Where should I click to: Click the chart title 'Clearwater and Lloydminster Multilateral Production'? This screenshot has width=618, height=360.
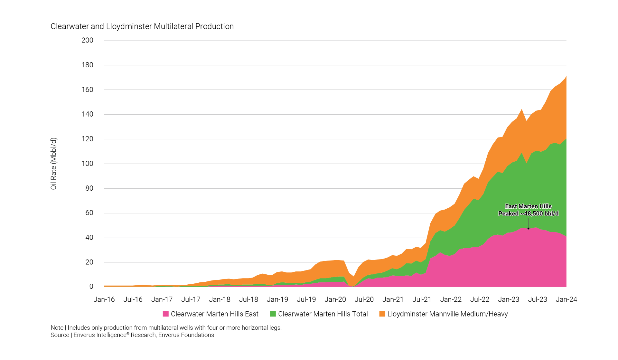click(x=142, y=26)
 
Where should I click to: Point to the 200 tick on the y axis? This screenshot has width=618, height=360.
click(x=87, y=40)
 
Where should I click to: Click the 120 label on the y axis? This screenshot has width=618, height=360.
click(x=87, y=139)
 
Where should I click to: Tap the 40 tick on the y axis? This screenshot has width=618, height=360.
click(x=89, y=238)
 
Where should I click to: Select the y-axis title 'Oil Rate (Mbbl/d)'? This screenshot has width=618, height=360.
click(x=53, y=164)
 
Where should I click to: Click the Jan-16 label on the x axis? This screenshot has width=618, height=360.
click(x=104, y=299)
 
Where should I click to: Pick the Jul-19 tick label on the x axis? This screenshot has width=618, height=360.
click(x=306, y=299)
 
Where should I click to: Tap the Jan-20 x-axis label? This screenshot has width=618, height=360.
click(x=335, y=299)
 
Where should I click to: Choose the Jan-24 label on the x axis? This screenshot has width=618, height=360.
click(x=566, y=299)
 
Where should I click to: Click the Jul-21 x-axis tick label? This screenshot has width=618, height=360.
click(x=422, y=299)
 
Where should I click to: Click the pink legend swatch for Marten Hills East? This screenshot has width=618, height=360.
click(x=166, y=314)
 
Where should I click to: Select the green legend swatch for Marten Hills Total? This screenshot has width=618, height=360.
click(x=273, y=314)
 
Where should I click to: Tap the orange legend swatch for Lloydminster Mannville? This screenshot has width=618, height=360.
click(x=382, y=314)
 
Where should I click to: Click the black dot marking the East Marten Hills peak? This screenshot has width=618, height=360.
click(x=529, y=229)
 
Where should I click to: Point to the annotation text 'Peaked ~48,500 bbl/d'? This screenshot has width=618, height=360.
click(x=528, y=213)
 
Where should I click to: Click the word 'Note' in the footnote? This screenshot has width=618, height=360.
click(x=57, y=328)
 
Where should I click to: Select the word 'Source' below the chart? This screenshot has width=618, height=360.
click(x=60, y=335)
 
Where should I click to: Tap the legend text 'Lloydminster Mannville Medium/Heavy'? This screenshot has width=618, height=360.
click(x=447, y=314)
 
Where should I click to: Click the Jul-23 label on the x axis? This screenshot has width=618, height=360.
click(x=537, y=299)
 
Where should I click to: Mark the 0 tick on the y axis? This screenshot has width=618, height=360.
click(x=91, y=287)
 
